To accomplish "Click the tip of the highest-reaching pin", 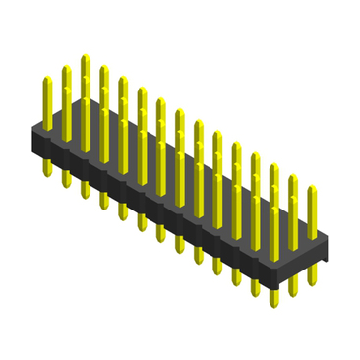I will [86, 58].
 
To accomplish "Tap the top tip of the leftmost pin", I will [47, 80].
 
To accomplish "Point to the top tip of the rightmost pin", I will [312, 189].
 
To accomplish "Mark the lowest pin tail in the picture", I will [273, 299].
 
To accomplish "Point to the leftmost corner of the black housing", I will [32, 135].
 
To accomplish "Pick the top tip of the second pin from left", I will [66, 69].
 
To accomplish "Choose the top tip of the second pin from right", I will [293, 179].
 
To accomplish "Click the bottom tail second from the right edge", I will [293, 291].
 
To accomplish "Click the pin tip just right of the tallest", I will [104, 69].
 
